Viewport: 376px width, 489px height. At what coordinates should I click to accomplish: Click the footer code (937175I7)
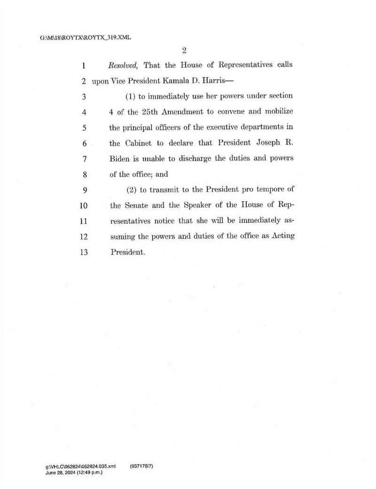click(x=141, y=466)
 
